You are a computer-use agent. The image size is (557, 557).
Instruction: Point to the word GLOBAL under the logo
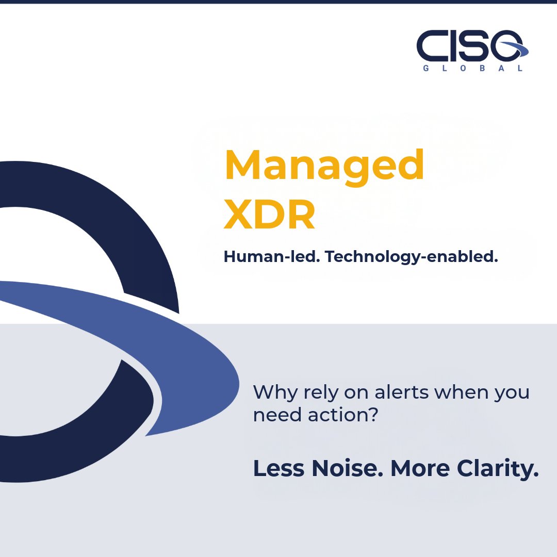pos(472,68)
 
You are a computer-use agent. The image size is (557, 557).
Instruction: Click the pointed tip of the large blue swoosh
pos(146,435)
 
